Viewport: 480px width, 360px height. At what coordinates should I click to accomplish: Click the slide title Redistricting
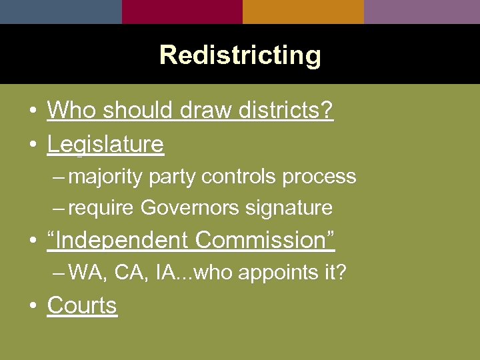(240, 55)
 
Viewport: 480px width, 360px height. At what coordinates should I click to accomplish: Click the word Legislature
(105, 144)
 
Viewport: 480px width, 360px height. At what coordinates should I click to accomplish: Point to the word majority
(105, 177)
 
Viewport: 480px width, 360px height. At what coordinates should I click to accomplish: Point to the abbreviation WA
(85, 272)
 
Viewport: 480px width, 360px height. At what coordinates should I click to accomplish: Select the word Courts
(82, 305)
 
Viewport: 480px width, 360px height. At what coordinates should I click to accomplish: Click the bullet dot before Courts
(33, 307)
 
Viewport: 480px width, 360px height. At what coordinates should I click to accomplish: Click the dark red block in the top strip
(182, 11)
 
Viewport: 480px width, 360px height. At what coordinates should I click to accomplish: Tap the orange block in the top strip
(303, 11)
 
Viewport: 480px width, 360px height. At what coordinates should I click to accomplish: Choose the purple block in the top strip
(422, 11)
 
